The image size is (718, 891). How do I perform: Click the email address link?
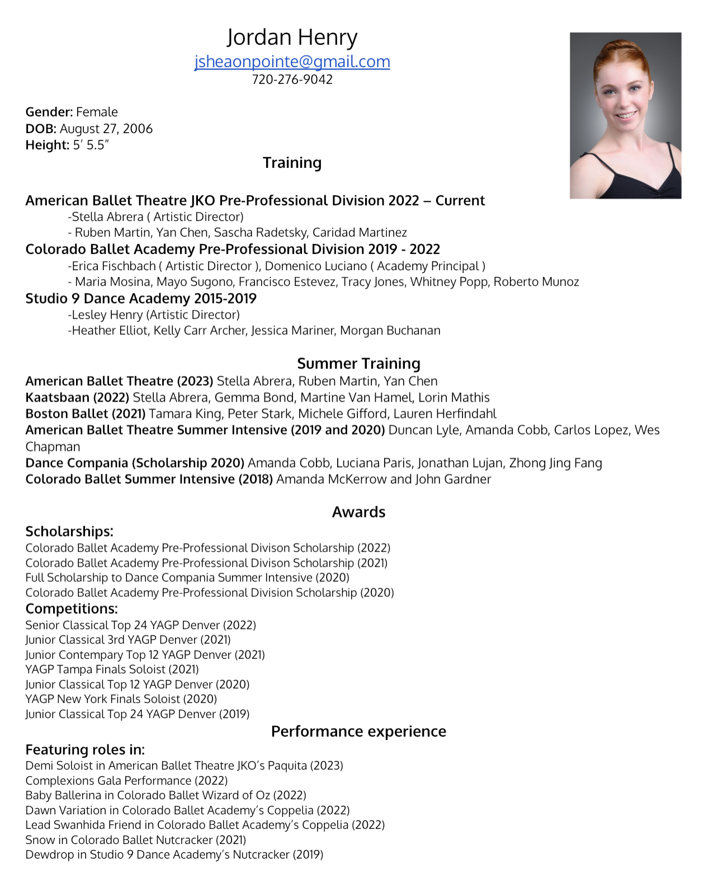point(292,62)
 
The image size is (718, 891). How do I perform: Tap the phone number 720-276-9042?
point(292,79)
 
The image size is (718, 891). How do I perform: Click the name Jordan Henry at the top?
point(292,37)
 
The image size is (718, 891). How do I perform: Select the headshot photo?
point(625,115)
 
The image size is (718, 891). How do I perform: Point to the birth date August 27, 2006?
point(106,129)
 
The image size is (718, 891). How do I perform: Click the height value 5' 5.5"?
point(91,145)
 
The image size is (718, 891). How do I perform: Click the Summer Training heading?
point(358,364)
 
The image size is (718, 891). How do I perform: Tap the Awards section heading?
point(358,512)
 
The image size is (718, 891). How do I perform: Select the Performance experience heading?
point(358,731)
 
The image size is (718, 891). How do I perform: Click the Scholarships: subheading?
point(69,531)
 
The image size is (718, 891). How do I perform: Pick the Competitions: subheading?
point(72,609)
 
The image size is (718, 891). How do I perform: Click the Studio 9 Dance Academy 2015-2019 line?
point(141,299)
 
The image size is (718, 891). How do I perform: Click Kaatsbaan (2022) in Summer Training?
point(77,398)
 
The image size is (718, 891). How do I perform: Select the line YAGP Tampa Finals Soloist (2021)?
point(112,670)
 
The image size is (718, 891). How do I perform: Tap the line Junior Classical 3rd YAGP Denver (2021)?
point(128,640)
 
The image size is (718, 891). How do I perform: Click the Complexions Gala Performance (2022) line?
point(126,780)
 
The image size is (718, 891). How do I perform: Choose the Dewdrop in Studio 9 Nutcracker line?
point(174,855)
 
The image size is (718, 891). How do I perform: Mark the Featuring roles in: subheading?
point(85,749)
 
